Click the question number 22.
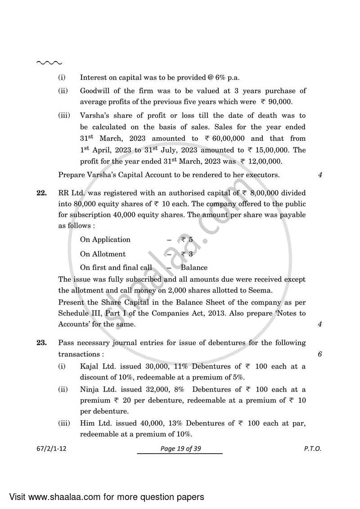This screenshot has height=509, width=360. tap(41, 193)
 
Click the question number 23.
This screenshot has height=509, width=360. tap(41, 343)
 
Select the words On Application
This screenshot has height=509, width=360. tap(105, 239)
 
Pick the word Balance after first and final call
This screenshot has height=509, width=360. tap(194, 267)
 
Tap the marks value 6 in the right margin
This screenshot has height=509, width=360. tap(319, 354)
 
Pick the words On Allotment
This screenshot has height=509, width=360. tap(103, 254)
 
